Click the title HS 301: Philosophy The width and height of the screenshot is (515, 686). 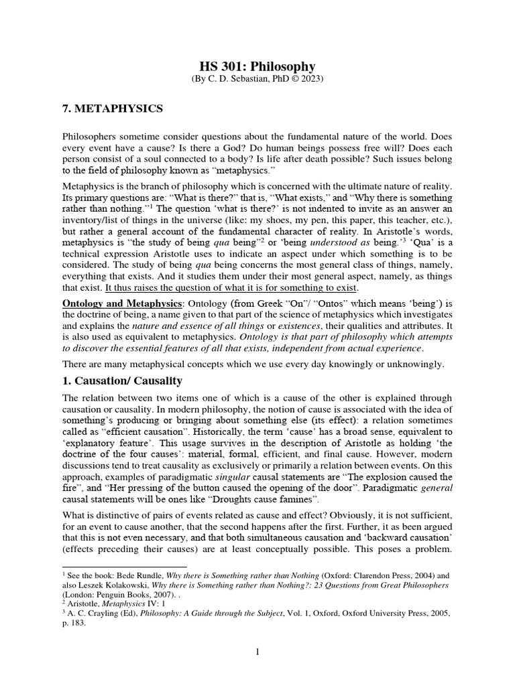point(257,66)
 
